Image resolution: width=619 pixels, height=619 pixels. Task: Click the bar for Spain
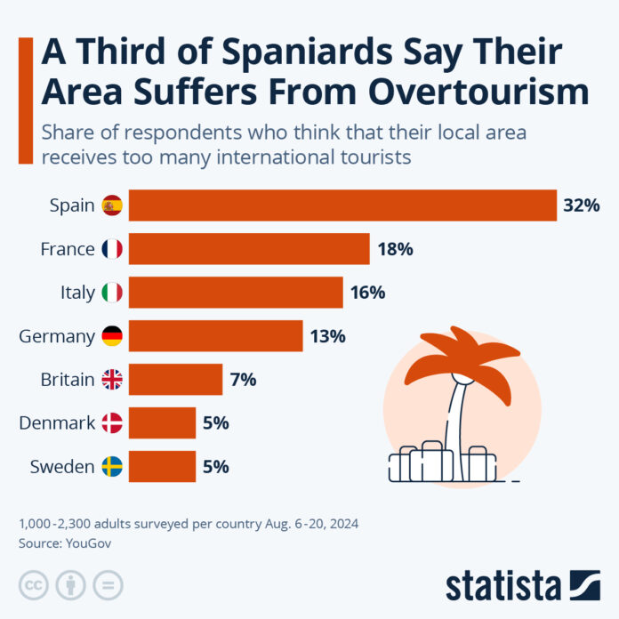(342, 205)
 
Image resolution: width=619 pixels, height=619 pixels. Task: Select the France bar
(249, 249)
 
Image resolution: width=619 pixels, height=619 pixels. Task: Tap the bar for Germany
(216, 336)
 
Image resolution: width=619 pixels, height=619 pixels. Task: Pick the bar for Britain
(175, 380)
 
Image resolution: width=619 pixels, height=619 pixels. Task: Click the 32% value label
(582, 205)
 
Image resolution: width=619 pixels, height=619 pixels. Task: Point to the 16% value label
(368, 293)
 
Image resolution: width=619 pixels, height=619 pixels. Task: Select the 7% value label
(243, 380)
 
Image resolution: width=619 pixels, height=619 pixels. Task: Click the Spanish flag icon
(112, 205)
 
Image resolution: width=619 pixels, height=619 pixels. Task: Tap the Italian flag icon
(112, 293)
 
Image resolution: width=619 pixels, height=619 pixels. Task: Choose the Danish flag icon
(112, 423)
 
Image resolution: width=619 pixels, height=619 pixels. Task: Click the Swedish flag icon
(112, 467)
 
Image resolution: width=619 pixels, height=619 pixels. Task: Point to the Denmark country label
(57, 423)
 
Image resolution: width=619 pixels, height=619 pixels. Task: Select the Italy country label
(76, 293)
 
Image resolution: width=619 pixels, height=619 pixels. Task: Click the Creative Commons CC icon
(34, 585)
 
